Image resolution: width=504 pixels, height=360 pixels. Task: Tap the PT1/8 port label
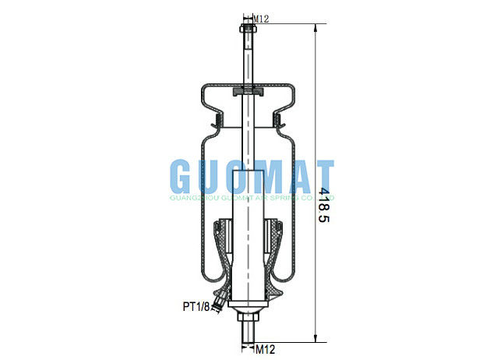click(196, 307)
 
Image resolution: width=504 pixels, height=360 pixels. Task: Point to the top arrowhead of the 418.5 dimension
click(314, 28)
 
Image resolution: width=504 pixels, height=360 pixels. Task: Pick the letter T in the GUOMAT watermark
click(321, 179)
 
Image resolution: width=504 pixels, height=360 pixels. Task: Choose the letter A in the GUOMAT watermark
click(295, 179)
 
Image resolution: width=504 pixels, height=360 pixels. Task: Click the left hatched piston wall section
click(224, 249)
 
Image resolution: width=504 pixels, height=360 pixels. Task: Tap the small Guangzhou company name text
click(252, 199)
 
